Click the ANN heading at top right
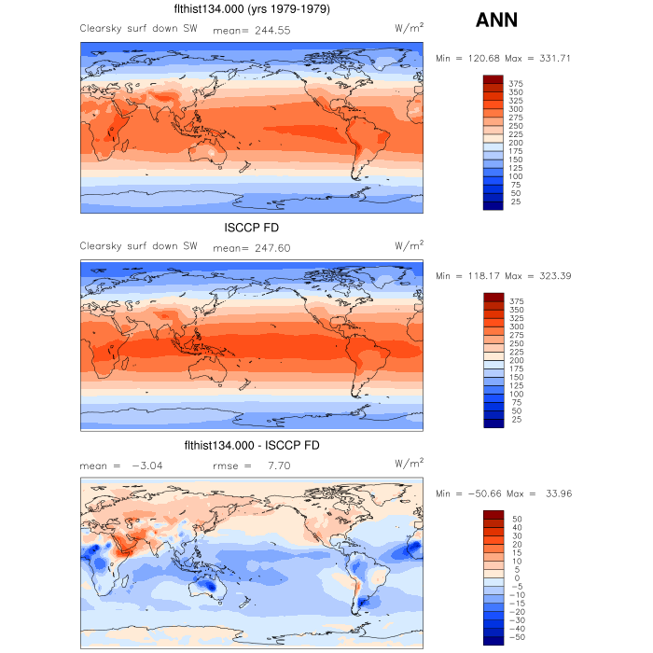pyautogui.click(x=496, y=21)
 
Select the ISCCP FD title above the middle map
pyautogui.click(x=252, y=228)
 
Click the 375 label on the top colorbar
pyautogui.click(x=516, y=83)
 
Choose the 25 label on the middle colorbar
pyautogui.click(x=516, y=419)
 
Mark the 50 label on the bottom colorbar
pyautogui.click(x=516, y=519)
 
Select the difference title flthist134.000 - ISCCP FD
pyautogui.click(x=252, y=446)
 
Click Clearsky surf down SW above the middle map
pyautogui.click(x=138, y=247)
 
